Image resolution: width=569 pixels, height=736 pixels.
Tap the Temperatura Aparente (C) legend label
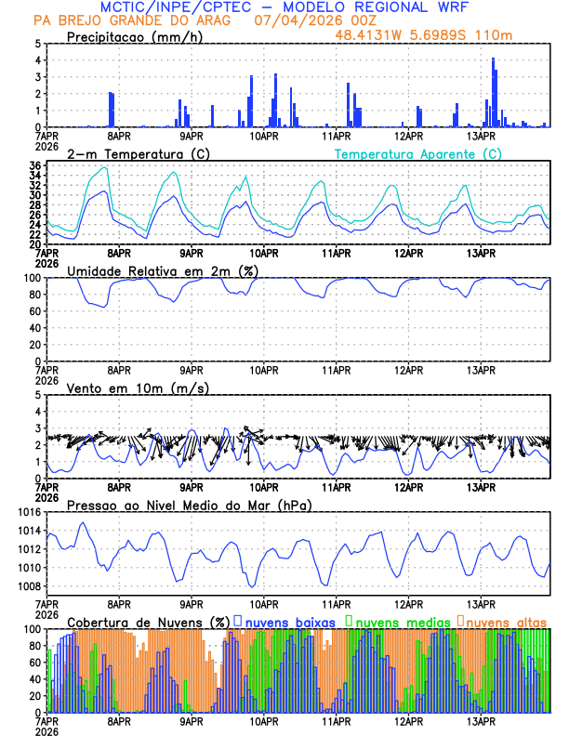[x=418, y=153]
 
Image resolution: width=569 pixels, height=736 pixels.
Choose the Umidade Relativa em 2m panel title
[x=163, y=270]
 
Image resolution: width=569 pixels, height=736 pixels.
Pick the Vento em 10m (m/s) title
[x=125, y=388]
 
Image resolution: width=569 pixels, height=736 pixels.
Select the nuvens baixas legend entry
[x=288, y=622]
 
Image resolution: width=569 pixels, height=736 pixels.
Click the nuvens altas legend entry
[x=506, y=622]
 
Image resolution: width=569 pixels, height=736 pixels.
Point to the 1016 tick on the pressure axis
[x=26, y=512]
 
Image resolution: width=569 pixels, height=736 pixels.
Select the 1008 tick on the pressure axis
[x=26, y=586]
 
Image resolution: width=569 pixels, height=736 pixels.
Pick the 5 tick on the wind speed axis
[x=38, y=395]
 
